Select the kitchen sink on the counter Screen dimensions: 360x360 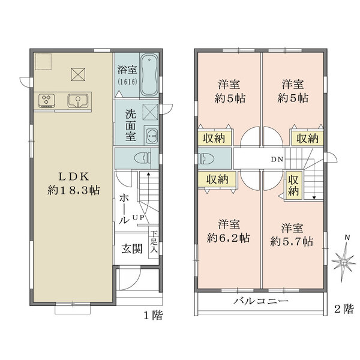77,101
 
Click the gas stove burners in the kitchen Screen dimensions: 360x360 47,101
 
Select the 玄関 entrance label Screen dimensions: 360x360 132,248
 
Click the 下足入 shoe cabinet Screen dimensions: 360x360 154,244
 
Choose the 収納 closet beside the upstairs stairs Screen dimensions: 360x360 293,185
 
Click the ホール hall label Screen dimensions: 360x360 122,209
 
